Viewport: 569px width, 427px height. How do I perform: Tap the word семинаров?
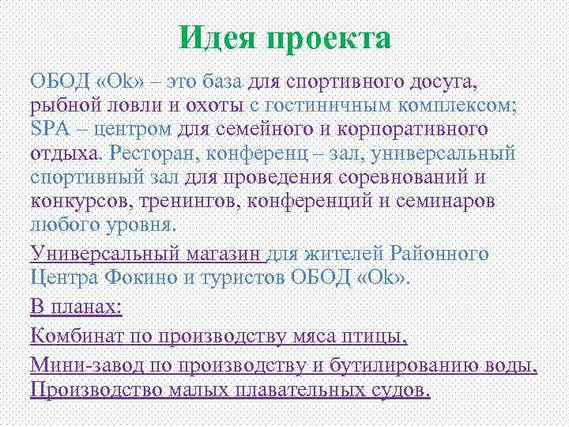(x=443, y=201)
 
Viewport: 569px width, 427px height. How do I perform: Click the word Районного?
(x=440, y=254)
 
